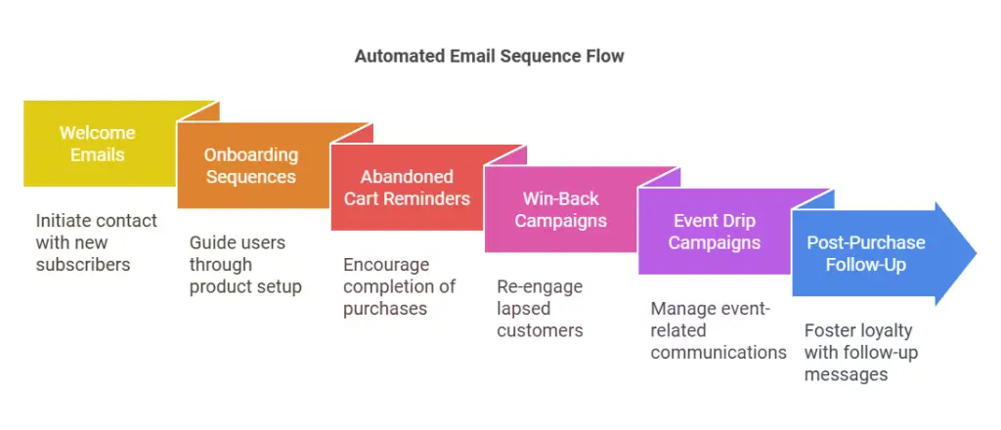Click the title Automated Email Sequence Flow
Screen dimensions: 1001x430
489,56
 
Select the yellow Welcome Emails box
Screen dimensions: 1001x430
100,144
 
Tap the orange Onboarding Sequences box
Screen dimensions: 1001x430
253,166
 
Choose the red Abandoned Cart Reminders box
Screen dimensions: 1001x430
407,188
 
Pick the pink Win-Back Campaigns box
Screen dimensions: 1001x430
560,209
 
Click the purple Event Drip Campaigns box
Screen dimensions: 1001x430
715,232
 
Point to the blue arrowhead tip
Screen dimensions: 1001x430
977,253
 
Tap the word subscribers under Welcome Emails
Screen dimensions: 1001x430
83,264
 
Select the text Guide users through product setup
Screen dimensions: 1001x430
245,265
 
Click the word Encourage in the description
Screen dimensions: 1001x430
386,265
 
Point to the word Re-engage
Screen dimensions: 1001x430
540,287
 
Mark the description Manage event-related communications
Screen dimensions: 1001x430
718,330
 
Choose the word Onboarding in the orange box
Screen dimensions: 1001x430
251,155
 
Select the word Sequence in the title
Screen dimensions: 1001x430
542,56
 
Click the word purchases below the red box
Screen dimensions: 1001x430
385,309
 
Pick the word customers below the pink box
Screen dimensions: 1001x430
540,330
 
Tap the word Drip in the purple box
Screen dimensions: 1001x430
738,221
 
